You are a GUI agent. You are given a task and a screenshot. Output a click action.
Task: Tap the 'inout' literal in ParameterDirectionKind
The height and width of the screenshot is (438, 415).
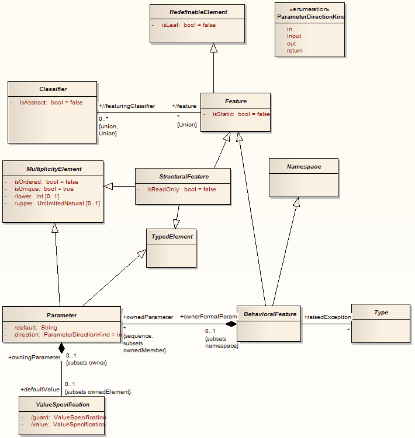click(x=294, y=36)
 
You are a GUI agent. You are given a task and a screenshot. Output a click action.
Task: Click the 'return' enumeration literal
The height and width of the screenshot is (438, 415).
click(x=295, y=51)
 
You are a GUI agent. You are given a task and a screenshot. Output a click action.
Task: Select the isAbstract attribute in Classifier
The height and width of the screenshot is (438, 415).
click(x=51, y=103)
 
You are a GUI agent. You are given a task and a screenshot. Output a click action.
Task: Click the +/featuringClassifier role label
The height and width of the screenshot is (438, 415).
click(x=127, y=106)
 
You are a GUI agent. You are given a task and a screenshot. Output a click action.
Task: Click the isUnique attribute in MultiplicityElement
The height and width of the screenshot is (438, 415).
click(x=44, y=189)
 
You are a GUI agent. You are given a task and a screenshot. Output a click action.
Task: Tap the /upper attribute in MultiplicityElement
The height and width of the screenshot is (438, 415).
click(x=57, y=204)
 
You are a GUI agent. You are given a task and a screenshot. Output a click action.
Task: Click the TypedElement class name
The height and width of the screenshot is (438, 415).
click(x=170, y=237)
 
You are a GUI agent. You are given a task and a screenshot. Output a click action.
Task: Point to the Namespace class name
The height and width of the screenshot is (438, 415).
click(x=304, y=167)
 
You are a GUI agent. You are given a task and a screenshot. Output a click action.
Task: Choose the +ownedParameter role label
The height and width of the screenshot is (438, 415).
click(x=148, y=317)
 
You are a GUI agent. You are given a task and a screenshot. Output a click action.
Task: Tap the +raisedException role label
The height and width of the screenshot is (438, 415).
click(x=327, y=317)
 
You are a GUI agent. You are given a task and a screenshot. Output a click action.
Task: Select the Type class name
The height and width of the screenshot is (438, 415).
click(x=381, y=313)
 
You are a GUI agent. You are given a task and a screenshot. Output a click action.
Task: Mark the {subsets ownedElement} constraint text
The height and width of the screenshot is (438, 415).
click(x=98, y=391)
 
